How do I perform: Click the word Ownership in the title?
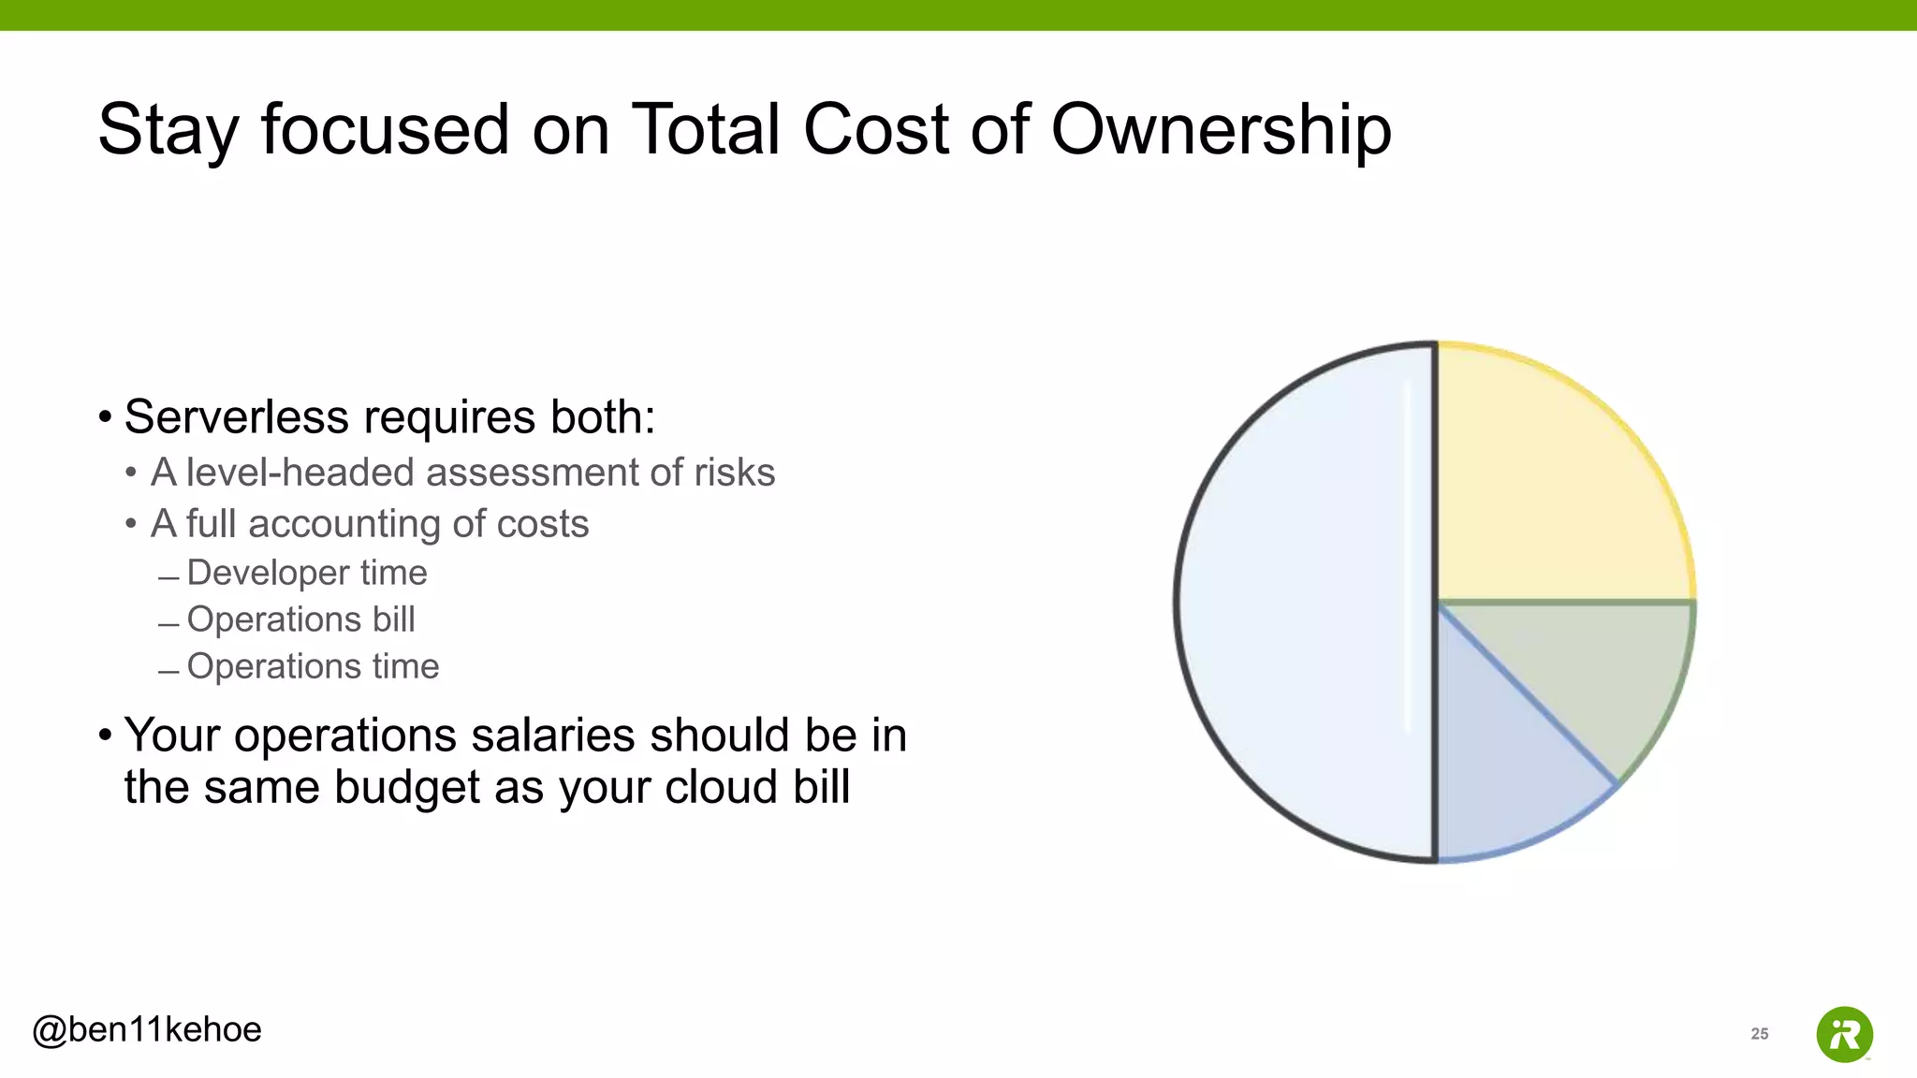click(1221, 129)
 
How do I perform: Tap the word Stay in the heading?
click(168, 129)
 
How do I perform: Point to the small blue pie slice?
click(1498, 767)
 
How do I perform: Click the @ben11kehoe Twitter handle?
click(147, 1029)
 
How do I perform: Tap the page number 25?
click(1760, 1033)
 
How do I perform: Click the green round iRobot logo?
click(1844, 1034)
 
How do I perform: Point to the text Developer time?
click(307, 573)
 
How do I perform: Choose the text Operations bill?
click(300, 619)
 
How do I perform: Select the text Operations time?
click(313, 666)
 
